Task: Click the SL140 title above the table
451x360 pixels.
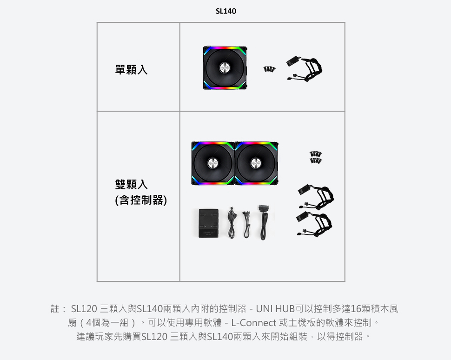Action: (226, 11)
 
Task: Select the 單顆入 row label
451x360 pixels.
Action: (132, 70)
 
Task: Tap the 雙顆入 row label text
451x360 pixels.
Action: (132, 184)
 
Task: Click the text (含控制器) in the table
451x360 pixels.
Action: (141, 200)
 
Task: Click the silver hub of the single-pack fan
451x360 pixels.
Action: (225, 67)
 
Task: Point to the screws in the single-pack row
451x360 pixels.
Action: (269, 69)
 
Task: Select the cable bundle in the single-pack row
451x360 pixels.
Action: (305, 69)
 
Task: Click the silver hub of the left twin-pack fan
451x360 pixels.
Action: (213, 163)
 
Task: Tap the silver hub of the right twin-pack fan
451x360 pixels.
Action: (256, 163)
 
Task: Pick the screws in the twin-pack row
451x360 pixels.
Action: (316, 157)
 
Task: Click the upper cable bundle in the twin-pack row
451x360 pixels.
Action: (316, 197)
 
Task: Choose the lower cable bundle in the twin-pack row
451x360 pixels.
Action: (314, 224)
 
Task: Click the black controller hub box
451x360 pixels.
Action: (209, 223)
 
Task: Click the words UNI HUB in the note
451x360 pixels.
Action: (275, 309)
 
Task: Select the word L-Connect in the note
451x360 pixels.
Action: (254, 323)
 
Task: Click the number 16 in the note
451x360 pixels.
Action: (356, 309)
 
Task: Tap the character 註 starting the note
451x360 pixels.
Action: (55, 309)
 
